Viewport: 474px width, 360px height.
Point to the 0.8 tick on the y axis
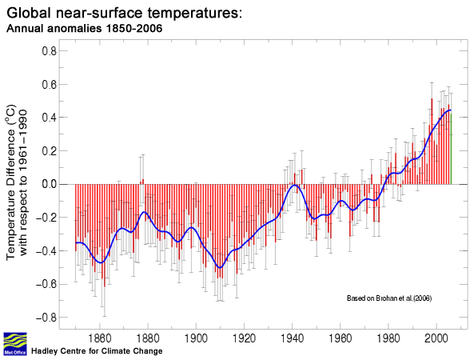click(48, 50)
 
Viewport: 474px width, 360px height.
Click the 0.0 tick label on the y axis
click(48, 184)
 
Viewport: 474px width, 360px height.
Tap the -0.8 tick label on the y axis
click(46, 318)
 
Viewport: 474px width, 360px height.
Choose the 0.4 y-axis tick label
click(48, 118)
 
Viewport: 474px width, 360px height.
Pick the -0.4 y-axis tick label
click(46, 250)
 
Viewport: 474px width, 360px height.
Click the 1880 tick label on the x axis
click(101, 337)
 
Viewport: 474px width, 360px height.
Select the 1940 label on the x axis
click(293, 337)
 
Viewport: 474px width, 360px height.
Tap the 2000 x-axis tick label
click(436, 337)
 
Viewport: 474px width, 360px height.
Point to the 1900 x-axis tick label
click(197, 337)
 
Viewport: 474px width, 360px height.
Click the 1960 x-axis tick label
click(341, 337)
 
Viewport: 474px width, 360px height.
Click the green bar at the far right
click(451, 148)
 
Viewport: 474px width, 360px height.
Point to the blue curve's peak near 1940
click(295, 186)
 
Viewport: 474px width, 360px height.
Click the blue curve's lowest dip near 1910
click(220, 267)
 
